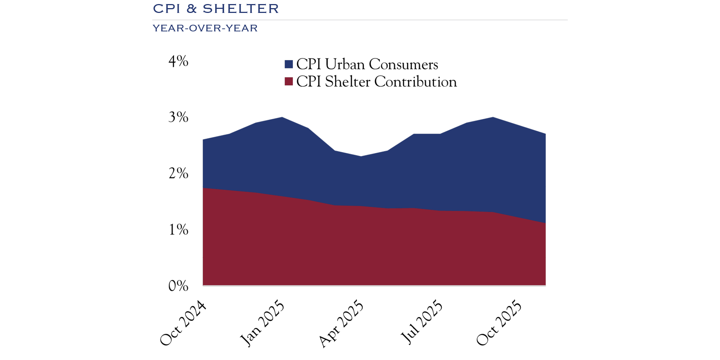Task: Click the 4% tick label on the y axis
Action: click(178, 61)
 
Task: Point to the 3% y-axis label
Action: click(178, 117)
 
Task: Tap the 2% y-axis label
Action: click(178, 174)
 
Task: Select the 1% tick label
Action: click(178, 230)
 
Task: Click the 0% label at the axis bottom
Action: click(178, 286)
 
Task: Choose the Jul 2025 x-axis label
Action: click(422, 322)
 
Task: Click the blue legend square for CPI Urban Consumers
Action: click(289, 65)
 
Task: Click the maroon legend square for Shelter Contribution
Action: click(289, 82)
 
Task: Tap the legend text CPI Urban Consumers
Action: click(367, 65)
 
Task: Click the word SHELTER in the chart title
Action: click(241, 9)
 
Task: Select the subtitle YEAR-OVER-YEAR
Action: click(205, 28)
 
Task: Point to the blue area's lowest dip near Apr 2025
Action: click(361, 157)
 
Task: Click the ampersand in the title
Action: click(191, 9)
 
